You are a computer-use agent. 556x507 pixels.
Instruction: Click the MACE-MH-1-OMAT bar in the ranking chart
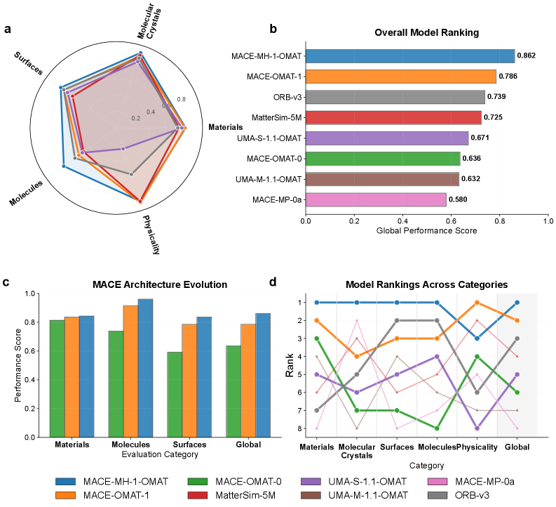point(410,56)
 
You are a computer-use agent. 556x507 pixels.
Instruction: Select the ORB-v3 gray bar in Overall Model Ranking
point(395,97)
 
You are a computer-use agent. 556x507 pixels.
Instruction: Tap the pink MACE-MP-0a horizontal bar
point(376,199)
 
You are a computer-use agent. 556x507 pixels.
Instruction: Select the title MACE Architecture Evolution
point(161,284)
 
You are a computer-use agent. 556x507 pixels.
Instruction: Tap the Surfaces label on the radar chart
point(28,63)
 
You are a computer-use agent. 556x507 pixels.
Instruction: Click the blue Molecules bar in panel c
point(145,368)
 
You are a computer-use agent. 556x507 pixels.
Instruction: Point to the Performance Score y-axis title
point(19,365)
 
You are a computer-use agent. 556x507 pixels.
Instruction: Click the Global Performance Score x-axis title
point(427,231)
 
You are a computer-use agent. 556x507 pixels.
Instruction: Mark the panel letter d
point(273,282)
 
